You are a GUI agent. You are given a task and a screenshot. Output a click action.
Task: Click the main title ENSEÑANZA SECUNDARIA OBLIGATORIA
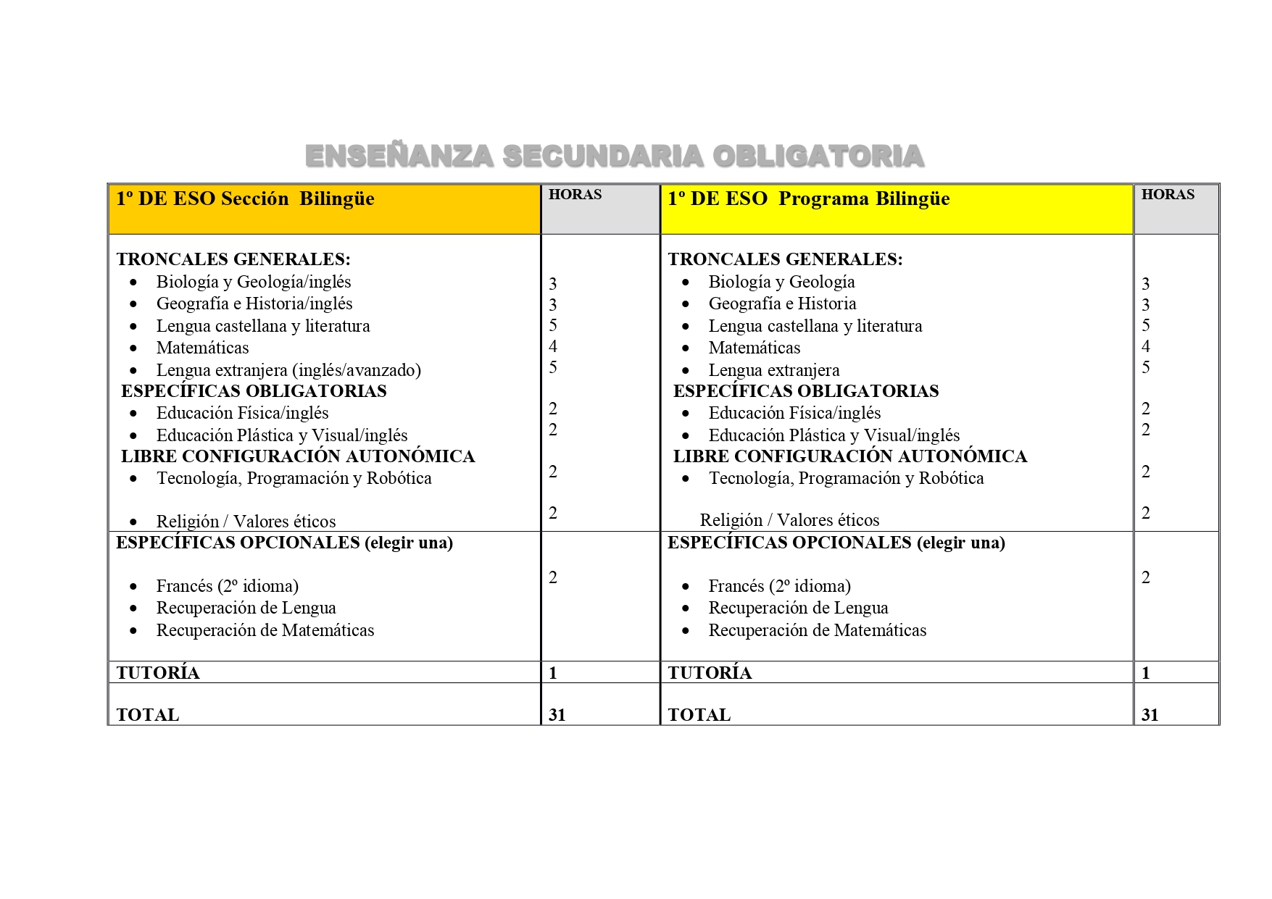click(x=615, y=156)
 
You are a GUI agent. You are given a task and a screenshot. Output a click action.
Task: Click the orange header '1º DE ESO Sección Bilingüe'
click(x=246, y=199)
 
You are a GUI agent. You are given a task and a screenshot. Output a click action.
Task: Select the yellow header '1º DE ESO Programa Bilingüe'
click(x=808, y=199)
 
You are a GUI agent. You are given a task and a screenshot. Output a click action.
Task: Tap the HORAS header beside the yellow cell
click(x=1168, y=194)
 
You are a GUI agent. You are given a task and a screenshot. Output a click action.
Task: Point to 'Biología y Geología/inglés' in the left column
click(x=254, y=282)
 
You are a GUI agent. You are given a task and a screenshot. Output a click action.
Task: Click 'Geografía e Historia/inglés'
click(x=254, y=304)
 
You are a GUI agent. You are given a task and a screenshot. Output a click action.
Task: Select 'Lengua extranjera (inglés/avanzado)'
click(x=288, y=370)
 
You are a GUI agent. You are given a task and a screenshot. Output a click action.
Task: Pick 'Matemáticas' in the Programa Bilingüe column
click(x=755, y=348)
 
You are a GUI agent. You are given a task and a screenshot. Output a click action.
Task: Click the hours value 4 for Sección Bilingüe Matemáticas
click(x=553, y=346)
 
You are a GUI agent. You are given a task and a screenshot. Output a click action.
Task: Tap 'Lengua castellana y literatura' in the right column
click(x=815, y=326)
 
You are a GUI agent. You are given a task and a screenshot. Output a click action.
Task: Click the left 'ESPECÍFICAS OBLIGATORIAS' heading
click(x=254, y=391)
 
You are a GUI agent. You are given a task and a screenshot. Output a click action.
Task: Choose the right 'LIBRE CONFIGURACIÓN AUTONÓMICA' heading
click(x=849, y=456)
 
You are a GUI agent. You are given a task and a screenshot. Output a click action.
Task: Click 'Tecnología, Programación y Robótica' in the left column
click(x=294, y=478)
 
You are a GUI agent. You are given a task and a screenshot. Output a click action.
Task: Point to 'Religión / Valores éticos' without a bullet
click(x=789, y=520)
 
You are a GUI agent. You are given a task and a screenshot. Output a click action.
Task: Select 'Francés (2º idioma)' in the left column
click(x=228, y=586)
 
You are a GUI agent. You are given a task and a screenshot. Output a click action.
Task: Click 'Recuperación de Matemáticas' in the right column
click(x=818, y=630)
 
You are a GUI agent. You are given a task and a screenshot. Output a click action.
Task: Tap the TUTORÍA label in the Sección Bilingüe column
click(x=158, y=672)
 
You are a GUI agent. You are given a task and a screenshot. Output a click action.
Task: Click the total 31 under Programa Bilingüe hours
click(x=1150, y=715)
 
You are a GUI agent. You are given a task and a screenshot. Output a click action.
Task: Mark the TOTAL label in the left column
click(x=148, y=715)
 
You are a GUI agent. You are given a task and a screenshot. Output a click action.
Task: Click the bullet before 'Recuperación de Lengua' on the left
click(x=133, y=609)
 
